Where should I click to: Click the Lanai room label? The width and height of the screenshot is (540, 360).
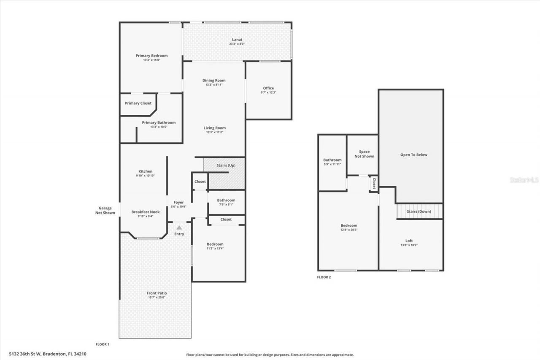[x=237, y=40]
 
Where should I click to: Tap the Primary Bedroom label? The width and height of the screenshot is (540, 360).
[x=151, y=56]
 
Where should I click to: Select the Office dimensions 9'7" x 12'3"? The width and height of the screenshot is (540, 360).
[x=268, y=92]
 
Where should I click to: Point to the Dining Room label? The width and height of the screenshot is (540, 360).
[x=214, y=80]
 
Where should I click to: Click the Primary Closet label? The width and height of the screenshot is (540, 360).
[x=138, y=103]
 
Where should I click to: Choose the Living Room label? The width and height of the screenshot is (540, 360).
[x=214, y=128]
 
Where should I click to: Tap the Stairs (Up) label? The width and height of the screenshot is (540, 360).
[x=226, y=165]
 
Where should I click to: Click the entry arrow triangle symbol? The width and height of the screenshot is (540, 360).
[x=179, y=227]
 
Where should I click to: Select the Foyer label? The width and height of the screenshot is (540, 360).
[x=178, y=203]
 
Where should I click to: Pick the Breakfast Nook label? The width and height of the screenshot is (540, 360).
[x=145, y=212]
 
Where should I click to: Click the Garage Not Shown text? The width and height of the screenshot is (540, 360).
[x=105, y=210]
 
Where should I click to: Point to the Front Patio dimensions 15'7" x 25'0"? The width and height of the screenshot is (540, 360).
[x=157, y=298]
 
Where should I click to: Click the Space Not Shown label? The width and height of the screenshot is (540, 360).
[x=364, y=154]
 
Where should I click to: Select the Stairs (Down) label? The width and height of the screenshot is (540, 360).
[x=418, y=211]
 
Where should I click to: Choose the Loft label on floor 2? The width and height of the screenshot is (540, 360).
[x=409, y=241]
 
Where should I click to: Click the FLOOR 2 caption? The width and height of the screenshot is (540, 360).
[x=324, y=277]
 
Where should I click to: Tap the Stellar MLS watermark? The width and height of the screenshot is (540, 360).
[x=524, y=180]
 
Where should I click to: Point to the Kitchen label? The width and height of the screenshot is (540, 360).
[x=145, y=171]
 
